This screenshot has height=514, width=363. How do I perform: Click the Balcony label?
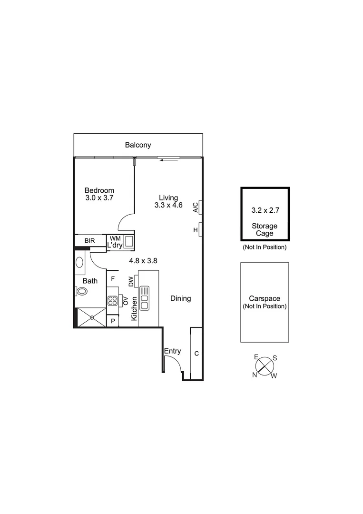pyautogui.click(x=138, y=145)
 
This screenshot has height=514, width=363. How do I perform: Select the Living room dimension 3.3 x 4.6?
pyautogui.click(x=168, y=206)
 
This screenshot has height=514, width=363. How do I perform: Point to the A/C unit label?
pyautogui.click(x=195, y=207)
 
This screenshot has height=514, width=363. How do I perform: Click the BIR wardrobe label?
pyautogui.click(x=90, y=241)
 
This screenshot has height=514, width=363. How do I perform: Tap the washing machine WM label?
pyautogui.click(x=115, y=238)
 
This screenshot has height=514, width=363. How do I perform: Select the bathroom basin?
pyautogui.click(x=79, y=262)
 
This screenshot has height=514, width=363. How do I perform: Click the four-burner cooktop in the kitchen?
pyautogui.click(x=112, y=300)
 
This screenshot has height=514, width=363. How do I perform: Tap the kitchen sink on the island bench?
pyautogui.click(x=145, y=298)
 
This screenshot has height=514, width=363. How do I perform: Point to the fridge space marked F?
pyautogui.click(x=113, y=279)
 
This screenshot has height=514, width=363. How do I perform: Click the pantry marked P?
pyautogui.click(x=113, y=321)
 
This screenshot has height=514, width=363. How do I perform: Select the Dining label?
pyautogui.click(x=181, y=298)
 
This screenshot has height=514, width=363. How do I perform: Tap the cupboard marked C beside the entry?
pyautogui.click(x=196, y=354)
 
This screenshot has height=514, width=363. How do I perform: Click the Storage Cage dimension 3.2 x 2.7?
pyautogui.click(x=265, y=209)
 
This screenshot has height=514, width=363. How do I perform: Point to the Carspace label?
pyautogui.click(x=265, y=298)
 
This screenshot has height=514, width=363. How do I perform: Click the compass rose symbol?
pyautogui.click(x=265, y=366)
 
